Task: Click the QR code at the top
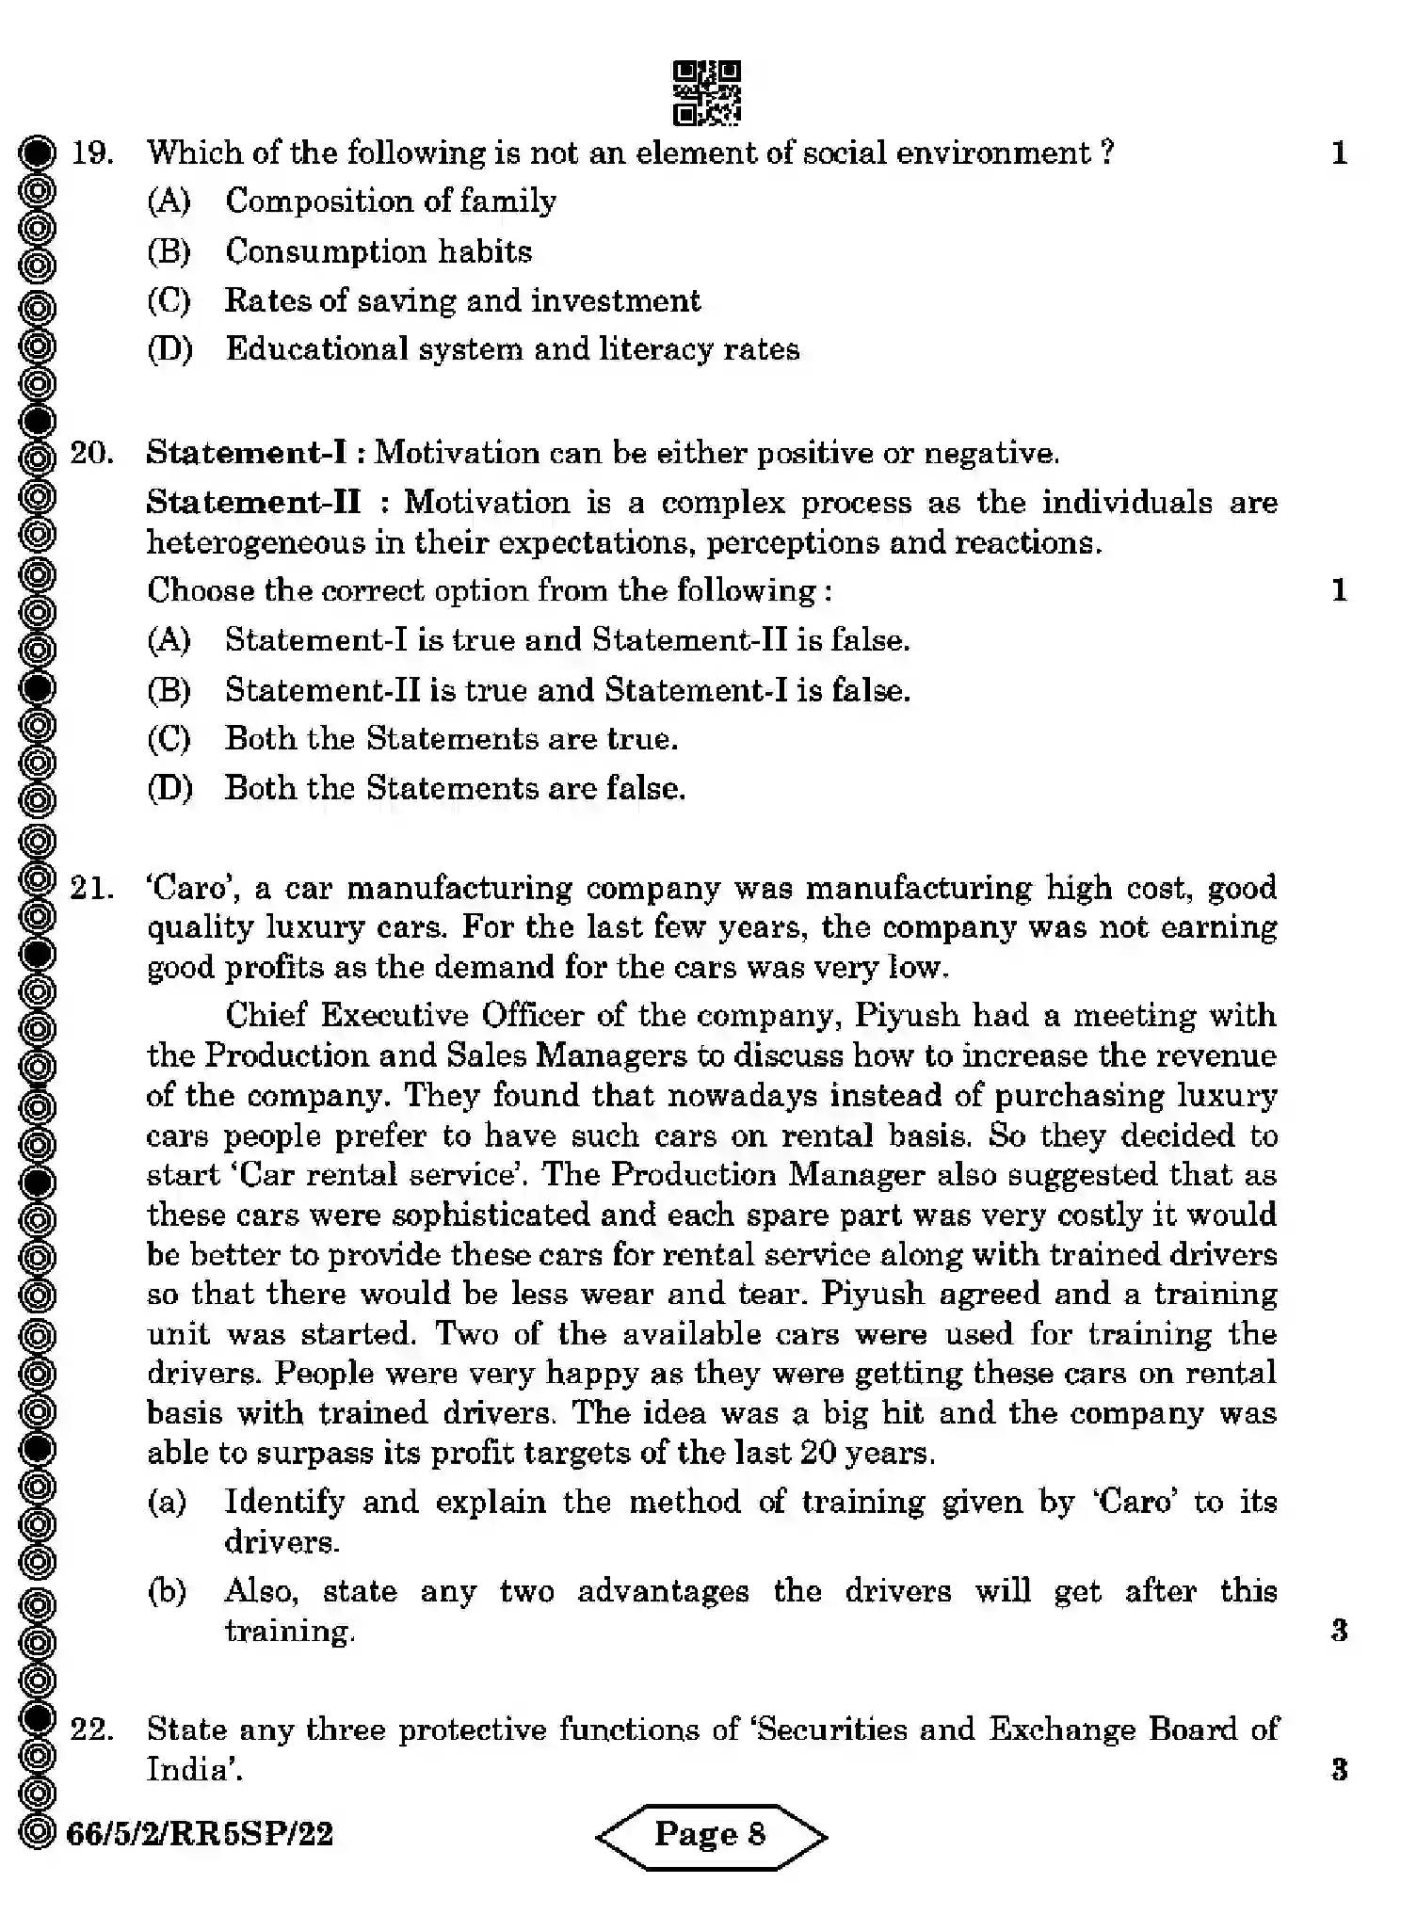tap(706, 92)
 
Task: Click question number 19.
tap(92, 153)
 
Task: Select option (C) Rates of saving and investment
tap(461, 300)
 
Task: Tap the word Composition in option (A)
tap(316, 201)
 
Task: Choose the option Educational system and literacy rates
tap(511, 349)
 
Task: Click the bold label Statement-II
tap(253, 502)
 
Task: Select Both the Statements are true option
tap(450, 738)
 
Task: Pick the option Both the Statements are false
tap(454, 788)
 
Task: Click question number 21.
tap(92, 888)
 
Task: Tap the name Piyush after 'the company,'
tap(907, 1016)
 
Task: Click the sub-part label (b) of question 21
tap(168, 1591)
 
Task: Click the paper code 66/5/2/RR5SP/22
tap(200, 1833)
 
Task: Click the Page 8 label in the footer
tap(710, 1834)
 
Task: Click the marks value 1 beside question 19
tap(1339, 153)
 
